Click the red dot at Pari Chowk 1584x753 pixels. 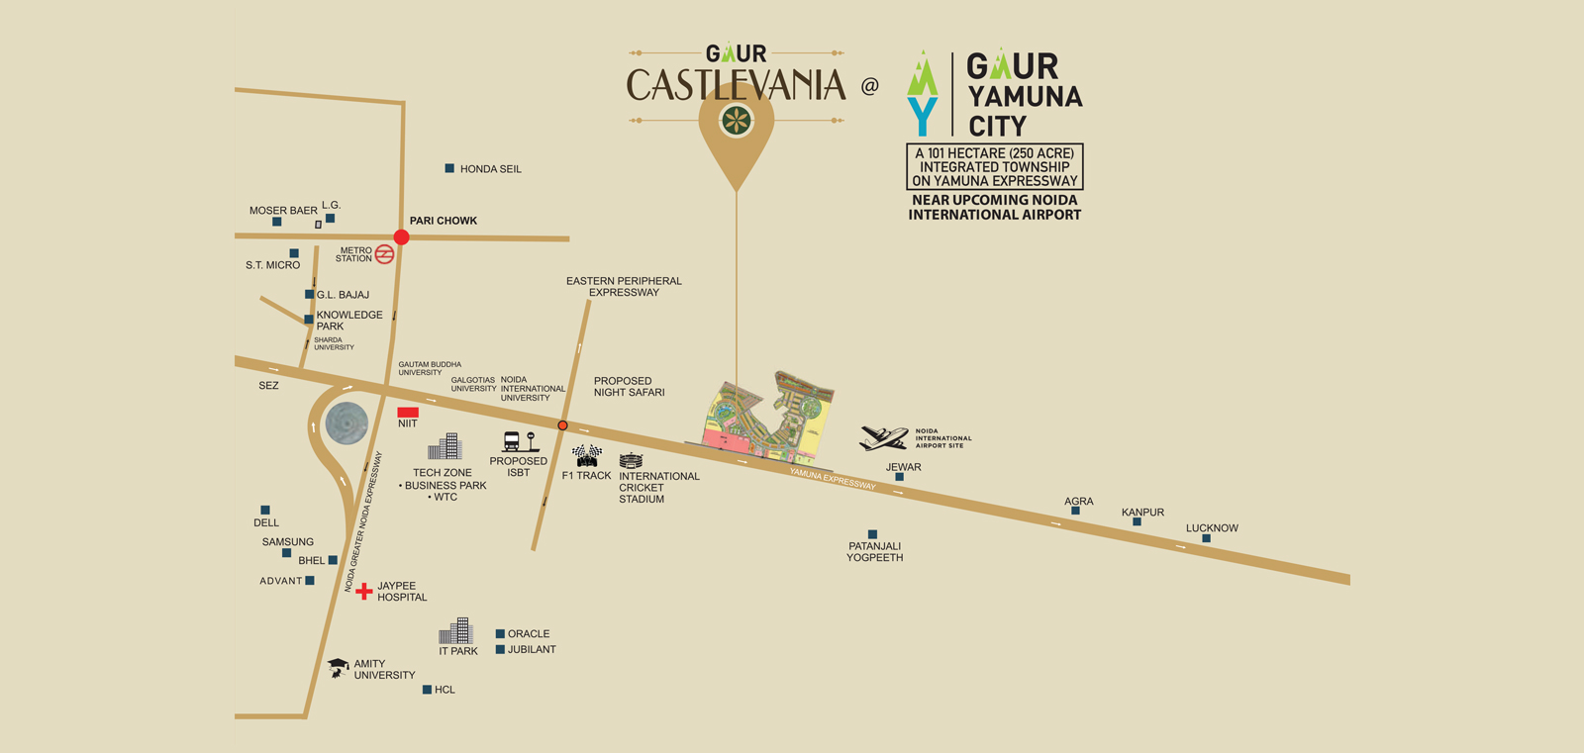click(401, 236)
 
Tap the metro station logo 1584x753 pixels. click(385, 254)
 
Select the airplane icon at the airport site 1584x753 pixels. click(884, 437)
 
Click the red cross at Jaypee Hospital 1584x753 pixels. click(364, 591)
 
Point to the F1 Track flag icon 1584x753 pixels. click(587, 455)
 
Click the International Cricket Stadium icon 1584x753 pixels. click(631, 460)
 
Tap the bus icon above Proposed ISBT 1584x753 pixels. click(512, 441)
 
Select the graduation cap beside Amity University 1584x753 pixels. click(338, 668)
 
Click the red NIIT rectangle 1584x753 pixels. click(408, 412)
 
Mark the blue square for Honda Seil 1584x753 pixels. click(449, 168)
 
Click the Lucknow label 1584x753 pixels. click(1212, 527)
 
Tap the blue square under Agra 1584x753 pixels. click(1076, 512)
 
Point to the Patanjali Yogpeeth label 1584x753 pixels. click(874, 552)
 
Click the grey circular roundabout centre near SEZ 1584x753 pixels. click(346, 424)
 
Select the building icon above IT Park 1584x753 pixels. click(456, 631)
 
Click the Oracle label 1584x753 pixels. click(529, 633)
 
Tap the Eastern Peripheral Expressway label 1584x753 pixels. click(624, 287)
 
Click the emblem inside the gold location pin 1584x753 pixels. click(736, 121)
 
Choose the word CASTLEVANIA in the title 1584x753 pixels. click(736, 85)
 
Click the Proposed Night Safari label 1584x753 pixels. click(629, 387)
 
